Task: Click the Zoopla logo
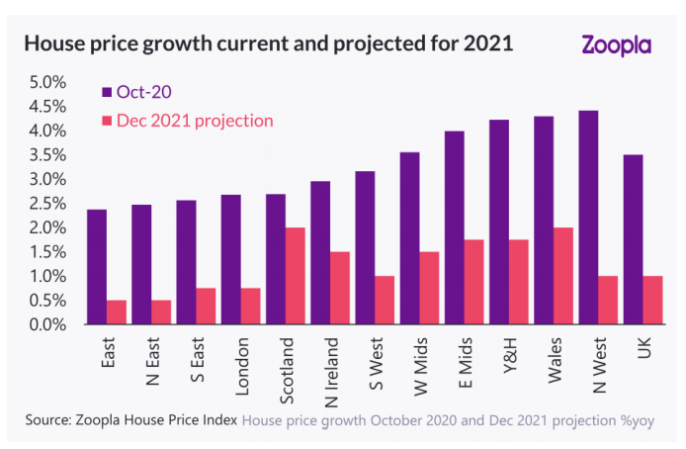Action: click(x=618, y=45)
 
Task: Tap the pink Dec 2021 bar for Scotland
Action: click(x=295, y=276)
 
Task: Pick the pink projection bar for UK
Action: click(x=652, y=300)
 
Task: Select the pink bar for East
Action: click(x=117, y=312)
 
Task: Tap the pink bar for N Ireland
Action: click(x=339, y=288)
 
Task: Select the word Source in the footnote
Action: click(x=47, y=419)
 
